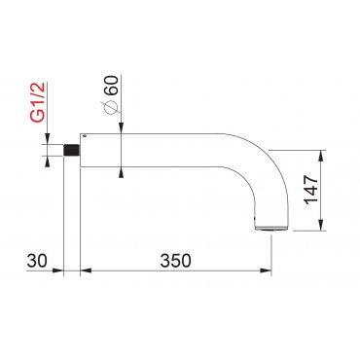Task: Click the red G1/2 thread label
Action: pos(39,102)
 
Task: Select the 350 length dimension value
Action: pos(175,261)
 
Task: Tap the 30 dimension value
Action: pos(37,261)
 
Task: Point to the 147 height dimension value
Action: pos(311,189)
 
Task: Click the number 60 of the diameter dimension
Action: pos(113,85)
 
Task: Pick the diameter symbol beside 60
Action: pos(111,107)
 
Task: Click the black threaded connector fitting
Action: pos(72,150)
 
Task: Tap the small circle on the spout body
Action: pos(85,136)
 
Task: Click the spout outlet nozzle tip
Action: pos(270,229)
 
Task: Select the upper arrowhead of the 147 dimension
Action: pos(321,156)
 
